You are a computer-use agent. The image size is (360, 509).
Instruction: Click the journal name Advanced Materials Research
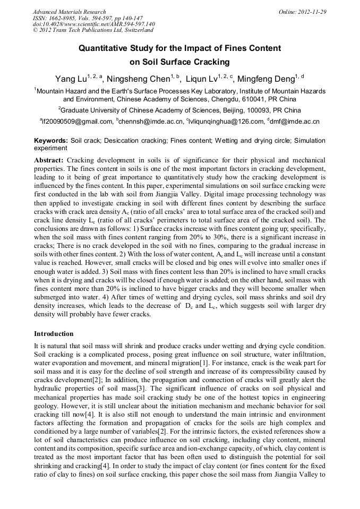[x=69, y=12]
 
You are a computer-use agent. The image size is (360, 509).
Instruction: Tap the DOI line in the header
[x=93, y=24]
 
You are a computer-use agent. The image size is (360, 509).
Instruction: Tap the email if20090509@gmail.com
[x=78, y=122]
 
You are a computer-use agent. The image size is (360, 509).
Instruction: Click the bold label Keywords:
[x=51, y=141]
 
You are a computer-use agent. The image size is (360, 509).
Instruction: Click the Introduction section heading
[x=54, y=334]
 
